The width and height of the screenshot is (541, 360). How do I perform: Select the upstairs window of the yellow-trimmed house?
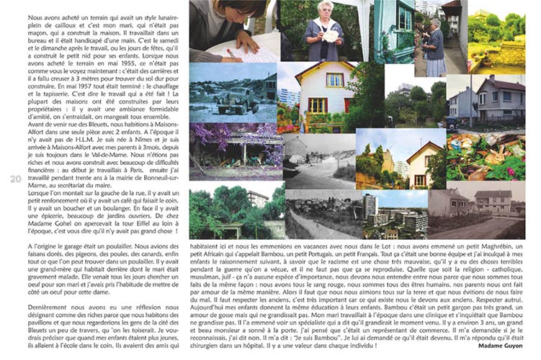(326, 78)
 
